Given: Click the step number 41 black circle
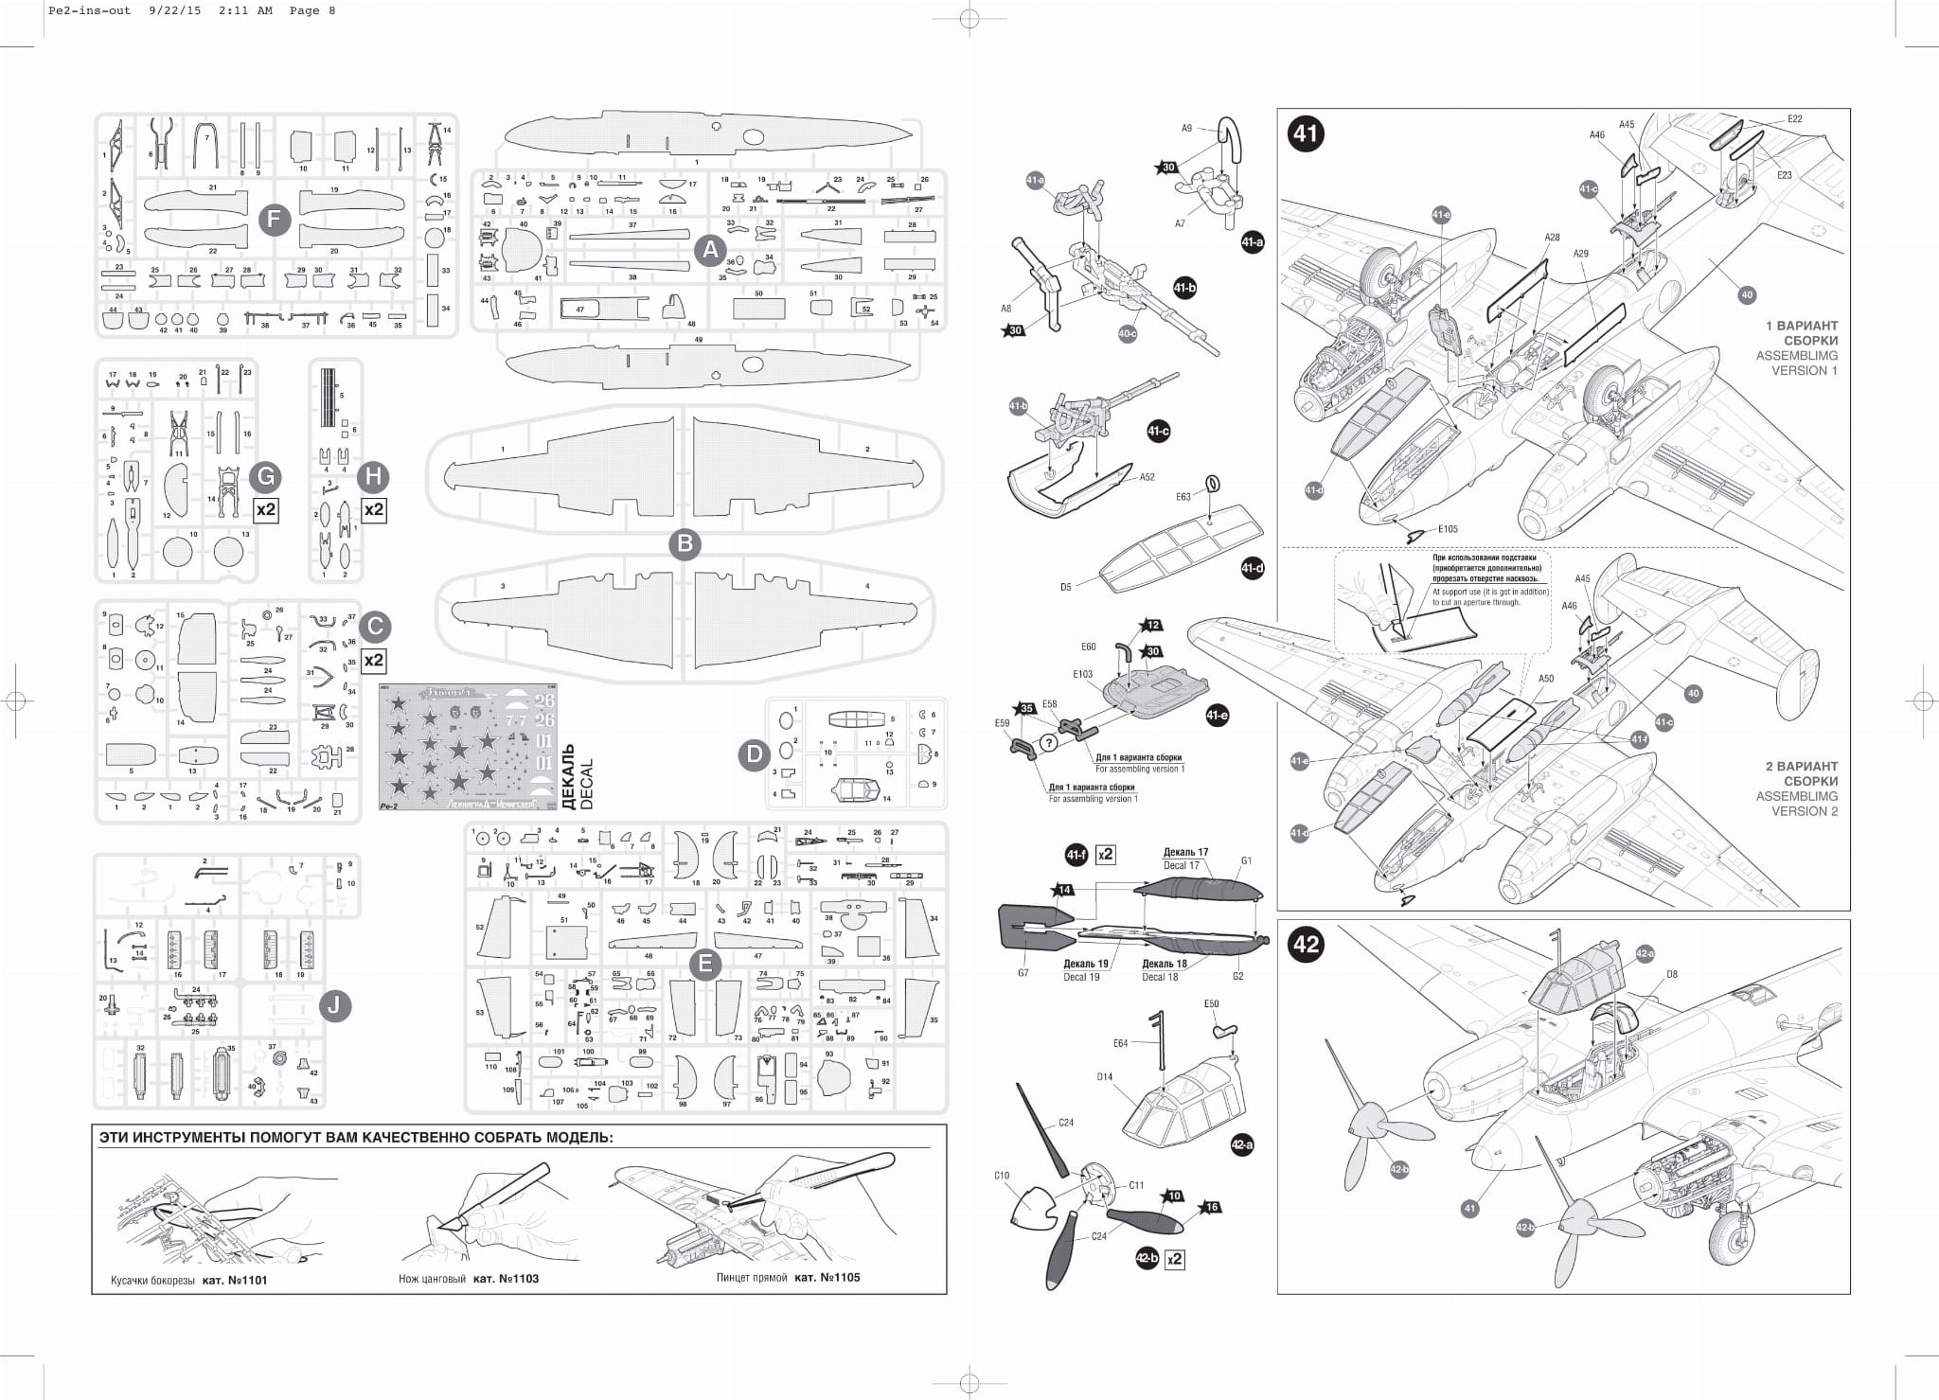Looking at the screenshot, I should pyautogui.click(x=1306, y=133).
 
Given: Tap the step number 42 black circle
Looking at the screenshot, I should pyautogui.click(x=1306, y=944).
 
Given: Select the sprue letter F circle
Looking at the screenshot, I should pyautogui.click(x=274, y=221).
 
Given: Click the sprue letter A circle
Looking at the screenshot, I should pyautogui.click(x=709, y=250).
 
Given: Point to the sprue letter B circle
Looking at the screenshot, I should pyautogui.click(x=684, y=543).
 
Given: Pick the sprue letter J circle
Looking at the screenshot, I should pyautogui.click(x=333, y=1005).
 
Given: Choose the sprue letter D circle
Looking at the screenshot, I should pyautogui.click(x=755, y=754).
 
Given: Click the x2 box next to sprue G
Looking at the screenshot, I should pyautogui.click(x=266, y=509).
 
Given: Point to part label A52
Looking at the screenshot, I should pyautogui.click(x=1147, y=477).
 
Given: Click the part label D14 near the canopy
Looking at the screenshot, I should pyautogui.click(x=1105, y=1076).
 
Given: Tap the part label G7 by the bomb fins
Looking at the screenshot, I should pyautogui.click(x=1023, y=972).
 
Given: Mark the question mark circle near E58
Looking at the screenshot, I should pyautogui.click(x=1048, y=743).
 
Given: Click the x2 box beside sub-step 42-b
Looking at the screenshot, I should pyautogui.click(x=1175, y=1259).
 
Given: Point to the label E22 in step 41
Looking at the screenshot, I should pyautogui.click(x=1794, y=118).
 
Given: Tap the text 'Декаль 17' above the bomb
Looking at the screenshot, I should pyautogui.click(x=1185, y=852).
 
